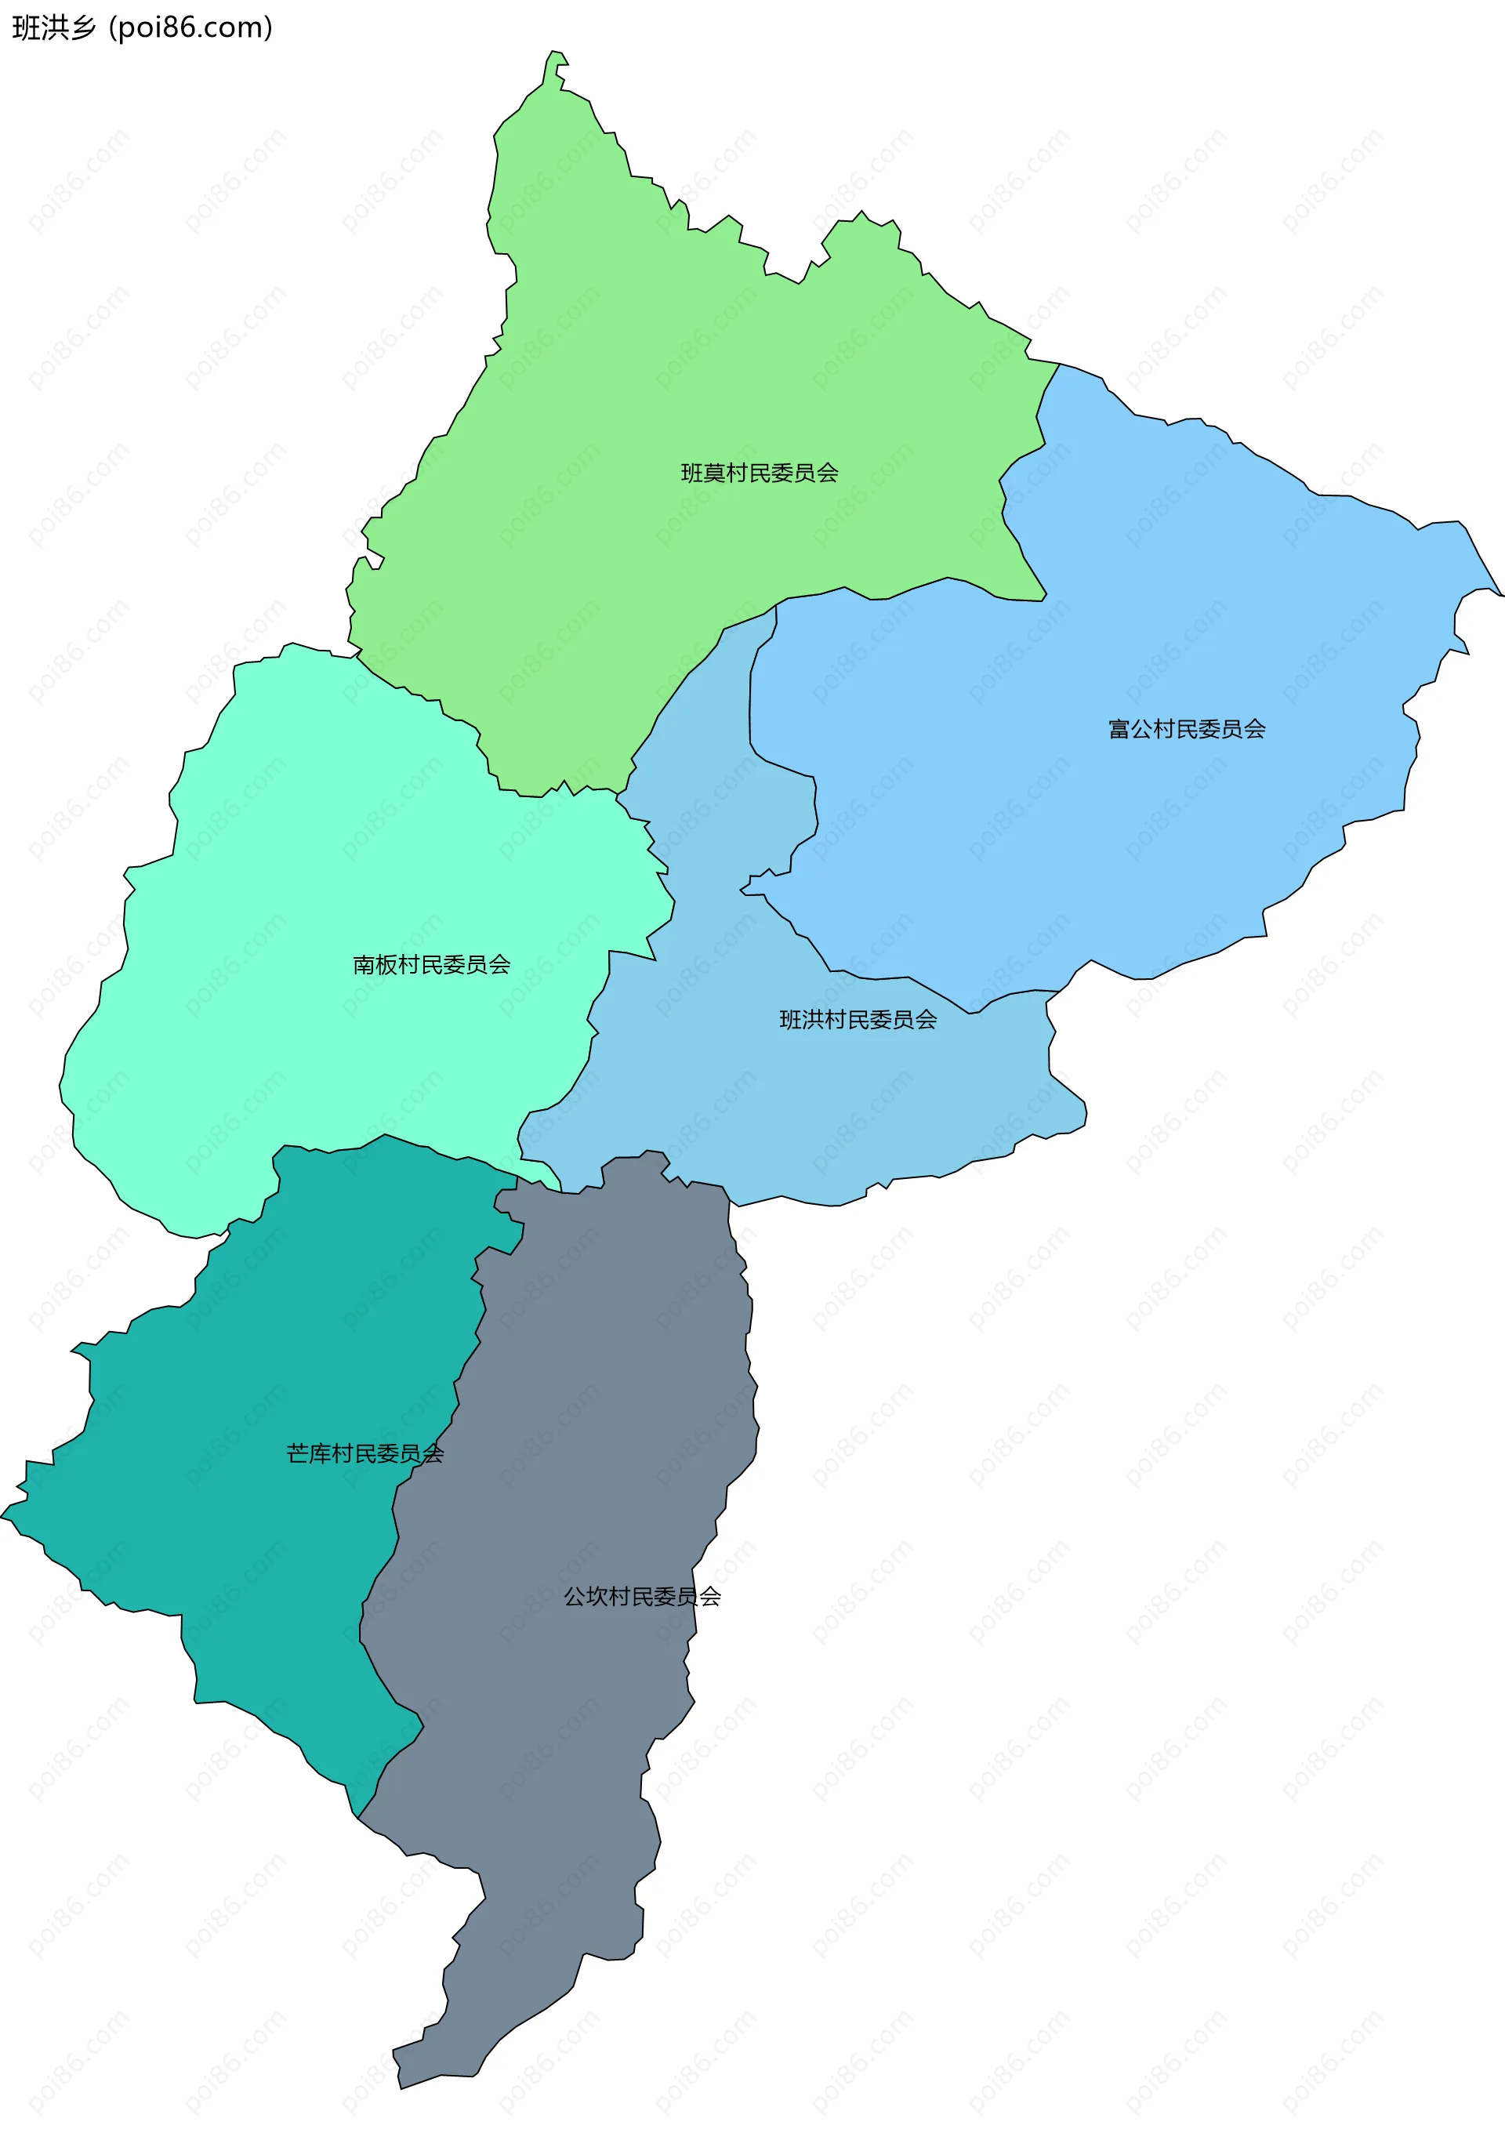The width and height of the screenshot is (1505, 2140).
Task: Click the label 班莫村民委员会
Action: (760, 473)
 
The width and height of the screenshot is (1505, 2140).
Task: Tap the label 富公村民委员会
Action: (1186, 729)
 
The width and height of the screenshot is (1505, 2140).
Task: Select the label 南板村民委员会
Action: (431, 965)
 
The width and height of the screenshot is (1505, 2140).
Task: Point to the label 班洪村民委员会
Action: (858, 1020)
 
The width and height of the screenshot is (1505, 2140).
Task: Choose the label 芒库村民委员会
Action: (364, 1453)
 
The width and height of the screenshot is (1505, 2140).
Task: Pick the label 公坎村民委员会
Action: (642, 1597)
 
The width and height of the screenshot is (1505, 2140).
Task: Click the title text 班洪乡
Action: (54, 28)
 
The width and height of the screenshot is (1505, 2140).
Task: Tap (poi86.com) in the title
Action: (191, 28)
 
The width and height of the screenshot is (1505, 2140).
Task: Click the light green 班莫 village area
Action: (652, 373)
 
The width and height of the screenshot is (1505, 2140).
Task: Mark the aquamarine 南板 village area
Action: (326, 839)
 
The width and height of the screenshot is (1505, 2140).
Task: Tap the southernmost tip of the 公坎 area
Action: (401, 2087)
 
